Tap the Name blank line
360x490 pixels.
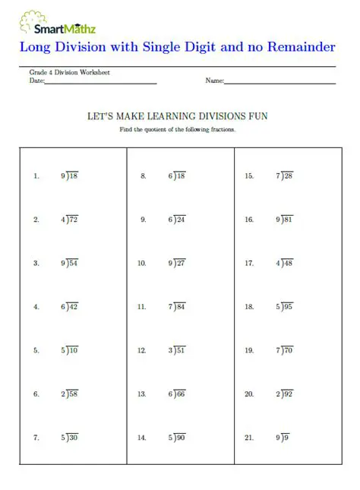coord(280,82)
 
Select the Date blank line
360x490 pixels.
coord(100,82)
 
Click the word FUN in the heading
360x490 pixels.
coord(258,116)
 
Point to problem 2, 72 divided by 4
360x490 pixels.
coord(69,220)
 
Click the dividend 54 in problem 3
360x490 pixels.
coord(74,263)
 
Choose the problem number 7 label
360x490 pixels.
coord(36,438)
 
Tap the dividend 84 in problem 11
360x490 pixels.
coord(180,307)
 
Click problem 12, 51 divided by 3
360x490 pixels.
coord(176,350)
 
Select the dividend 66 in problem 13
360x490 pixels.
coord(180,394)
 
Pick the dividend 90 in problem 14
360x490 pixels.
coord(180,438)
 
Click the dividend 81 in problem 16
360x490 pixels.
coord(287,220)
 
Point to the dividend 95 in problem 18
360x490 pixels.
coord(287,307)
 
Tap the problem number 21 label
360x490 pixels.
coord(249,438)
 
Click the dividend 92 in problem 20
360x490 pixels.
coord(287,394)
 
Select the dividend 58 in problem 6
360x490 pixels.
coord(74,394)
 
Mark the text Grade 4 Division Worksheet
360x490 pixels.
coord(70,72)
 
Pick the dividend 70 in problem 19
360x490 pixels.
coord(287,350)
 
